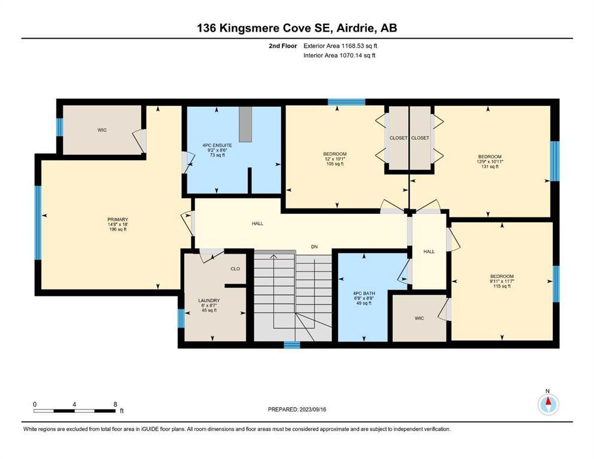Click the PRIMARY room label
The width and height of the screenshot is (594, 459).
(x=118, y=219)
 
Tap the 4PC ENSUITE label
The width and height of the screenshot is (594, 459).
(x=218, y=145)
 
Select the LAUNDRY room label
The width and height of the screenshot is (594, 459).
(x=209, y=301)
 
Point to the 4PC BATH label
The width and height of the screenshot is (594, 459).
(x=364, y=293)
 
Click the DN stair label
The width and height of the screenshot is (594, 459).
(x=315, y=247)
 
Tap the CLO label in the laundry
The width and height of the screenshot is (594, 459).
(x=235, y=269)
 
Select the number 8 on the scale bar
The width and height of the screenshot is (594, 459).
(x=115, y=404)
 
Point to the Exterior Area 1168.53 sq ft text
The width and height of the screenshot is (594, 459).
(x=340, y=46)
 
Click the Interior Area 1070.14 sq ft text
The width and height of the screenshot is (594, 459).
(x=339, y=55)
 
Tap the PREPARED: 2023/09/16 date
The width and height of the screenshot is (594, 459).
(x=297, y=409)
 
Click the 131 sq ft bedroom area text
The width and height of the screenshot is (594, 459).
(x=490, y=167)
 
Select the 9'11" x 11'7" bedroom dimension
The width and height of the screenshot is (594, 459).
(x=502, y=281)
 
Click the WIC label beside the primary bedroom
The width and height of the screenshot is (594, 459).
(x=102, y=130)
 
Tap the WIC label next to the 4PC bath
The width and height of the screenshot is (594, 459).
(x=419, y=318)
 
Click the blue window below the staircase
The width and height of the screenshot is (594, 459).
(x=292, y=345)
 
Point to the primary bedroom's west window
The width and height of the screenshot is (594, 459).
(x=38, y=222)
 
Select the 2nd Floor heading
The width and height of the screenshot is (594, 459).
(x=283, y=46)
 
